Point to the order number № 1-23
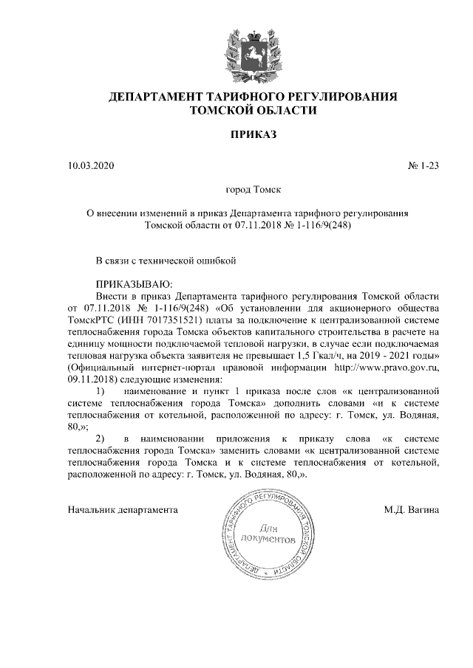[x=423, y=166]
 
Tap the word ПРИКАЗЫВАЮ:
[x=133, y=283]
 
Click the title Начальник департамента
[x=123, y=509]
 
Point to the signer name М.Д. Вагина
[x=412, y=509]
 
